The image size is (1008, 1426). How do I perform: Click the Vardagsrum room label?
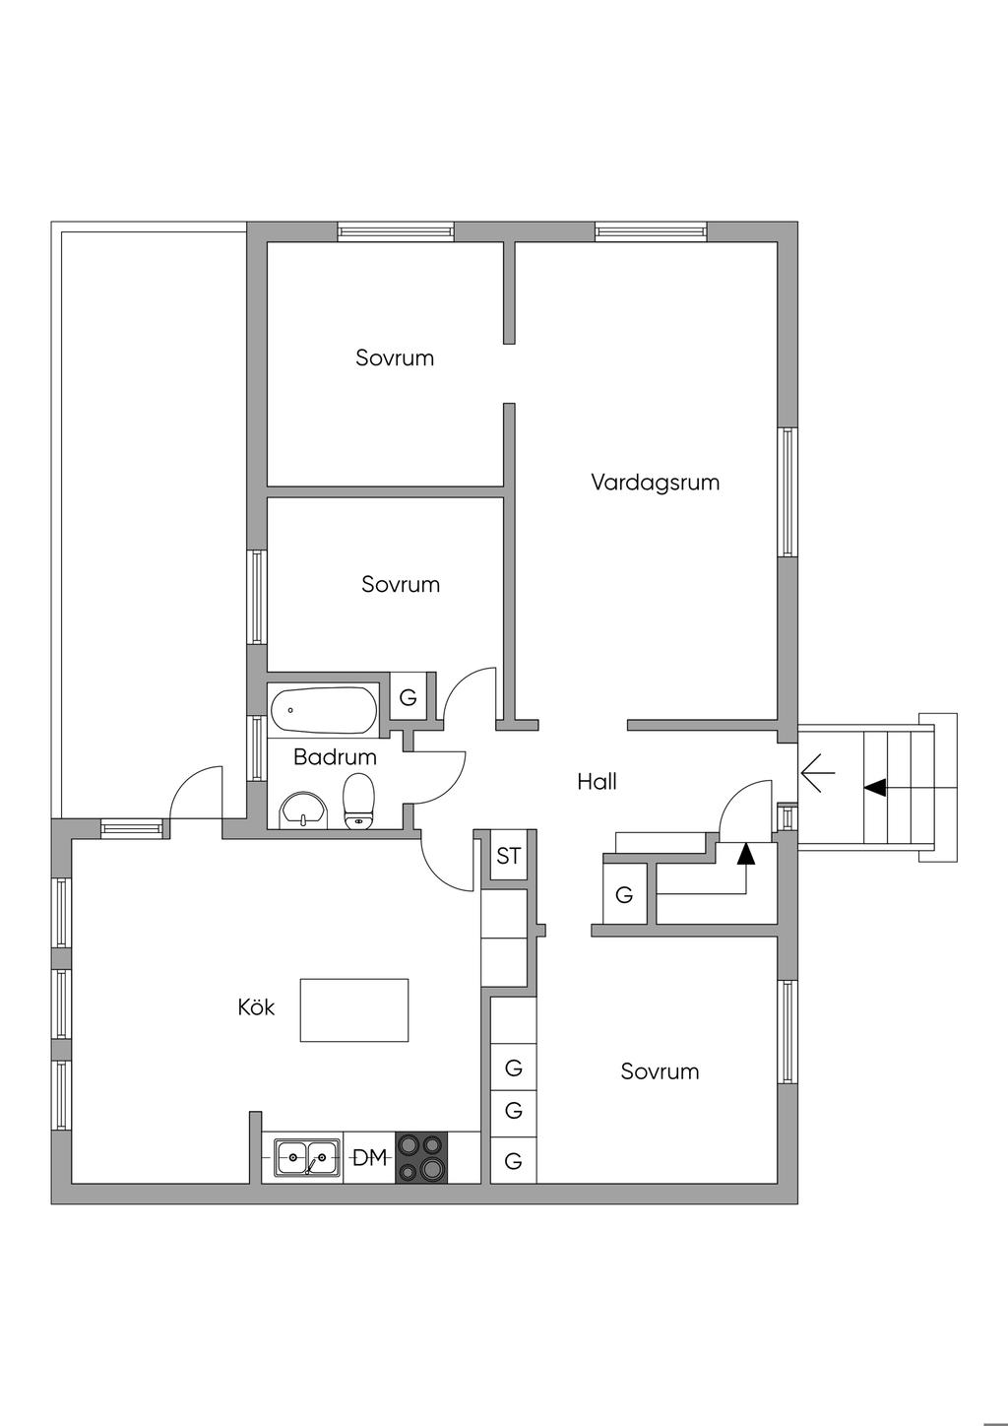655,483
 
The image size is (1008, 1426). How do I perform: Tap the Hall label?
597,782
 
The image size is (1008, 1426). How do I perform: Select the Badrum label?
335,757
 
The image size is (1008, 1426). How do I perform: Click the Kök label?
256,1007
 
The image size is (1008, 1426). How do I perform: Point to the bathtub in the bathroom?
323,708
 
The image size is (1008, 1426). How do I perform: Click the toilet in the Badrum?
358,801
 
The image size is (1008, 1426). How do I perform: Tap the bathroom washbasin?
304,810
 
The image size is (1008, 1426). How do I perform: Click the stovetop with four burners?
420,1157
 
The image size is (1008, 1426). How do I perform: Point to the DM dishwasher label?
369,1158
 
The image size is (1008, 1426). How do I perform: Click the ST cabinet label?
508,856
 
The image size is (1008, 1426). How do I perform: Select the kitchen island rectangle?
354,1009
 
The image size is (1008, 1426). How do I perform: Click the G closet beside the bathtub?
408,698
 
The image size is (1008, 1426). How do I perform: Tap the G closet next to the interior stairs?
624,895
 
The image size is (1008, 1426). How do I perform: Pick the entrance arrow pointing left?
818,773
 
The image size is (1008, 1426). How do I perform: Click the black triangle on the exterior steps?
875,787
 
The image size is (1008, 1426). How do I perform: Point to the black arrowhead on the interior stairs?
745,854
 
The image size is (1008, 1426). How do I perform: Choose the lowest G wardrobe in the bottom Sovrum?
513,1161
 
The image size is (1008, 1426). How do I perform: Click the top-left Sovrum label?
395,357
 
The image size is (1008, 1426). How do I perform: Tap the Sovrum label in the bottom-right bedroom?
660,1071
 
